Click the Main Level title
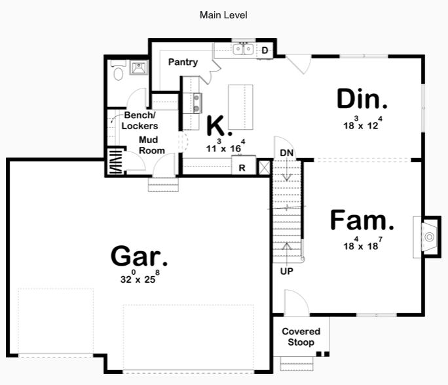[223, 15]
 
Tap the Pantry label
[183, 62]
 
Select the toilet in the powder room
[119, 70]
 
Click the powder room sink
[139, 68]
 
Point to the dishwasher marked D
[265, 51]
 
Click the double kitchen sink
[243, 49]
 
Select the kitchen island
[240, 107]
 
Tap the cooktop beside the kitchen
[196, 103]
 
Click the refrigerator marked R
[244, 165]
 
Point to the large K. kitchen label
[219, 126]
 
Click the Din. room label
[362, 98]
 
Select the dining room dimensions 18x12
[363, 123]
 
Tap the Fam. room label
[362, 220]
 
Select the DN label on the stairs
[287, 153]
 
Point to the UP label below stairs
[287, 271]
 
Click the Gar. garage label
[139, 256]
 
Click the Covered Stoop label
[301, 336]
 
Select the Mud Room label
[151, 145]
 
